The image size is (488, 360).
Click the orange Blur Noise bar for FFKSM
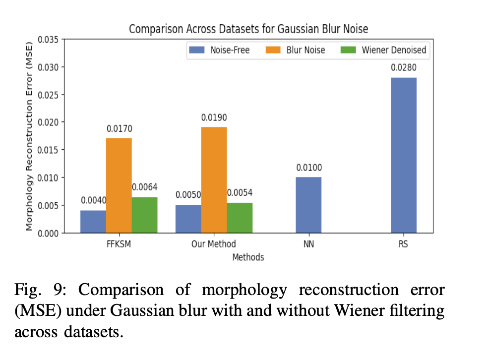point(119,185)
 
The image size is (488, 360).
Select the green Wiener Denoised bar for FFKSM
point(144,215)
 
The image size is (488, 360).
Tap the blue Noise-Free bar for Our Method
point(188,219)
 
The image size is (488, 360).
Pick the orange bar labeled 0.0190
point(214,180)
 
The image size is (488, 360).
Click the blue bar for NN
point(308,205)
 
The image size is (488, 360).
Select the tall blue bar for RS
point(404,155)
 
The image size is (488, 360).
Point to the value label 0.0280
point(404,68)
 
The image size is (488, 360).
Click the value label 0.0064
point(144,187)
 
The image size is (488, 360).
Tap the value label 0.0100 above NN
point(308,168)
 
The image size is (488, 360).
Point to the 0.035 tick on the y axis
point(49,40)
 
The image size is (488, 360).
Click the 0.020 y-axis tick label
point(49,122)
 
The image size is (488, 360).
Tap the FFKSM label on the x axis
point(119,244)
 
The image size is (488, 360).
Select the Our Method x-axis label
point(214,244)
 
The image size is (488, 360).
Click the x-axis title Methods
point(248,257)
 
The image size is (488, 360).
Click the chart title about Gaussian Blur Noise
point(248,29)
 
